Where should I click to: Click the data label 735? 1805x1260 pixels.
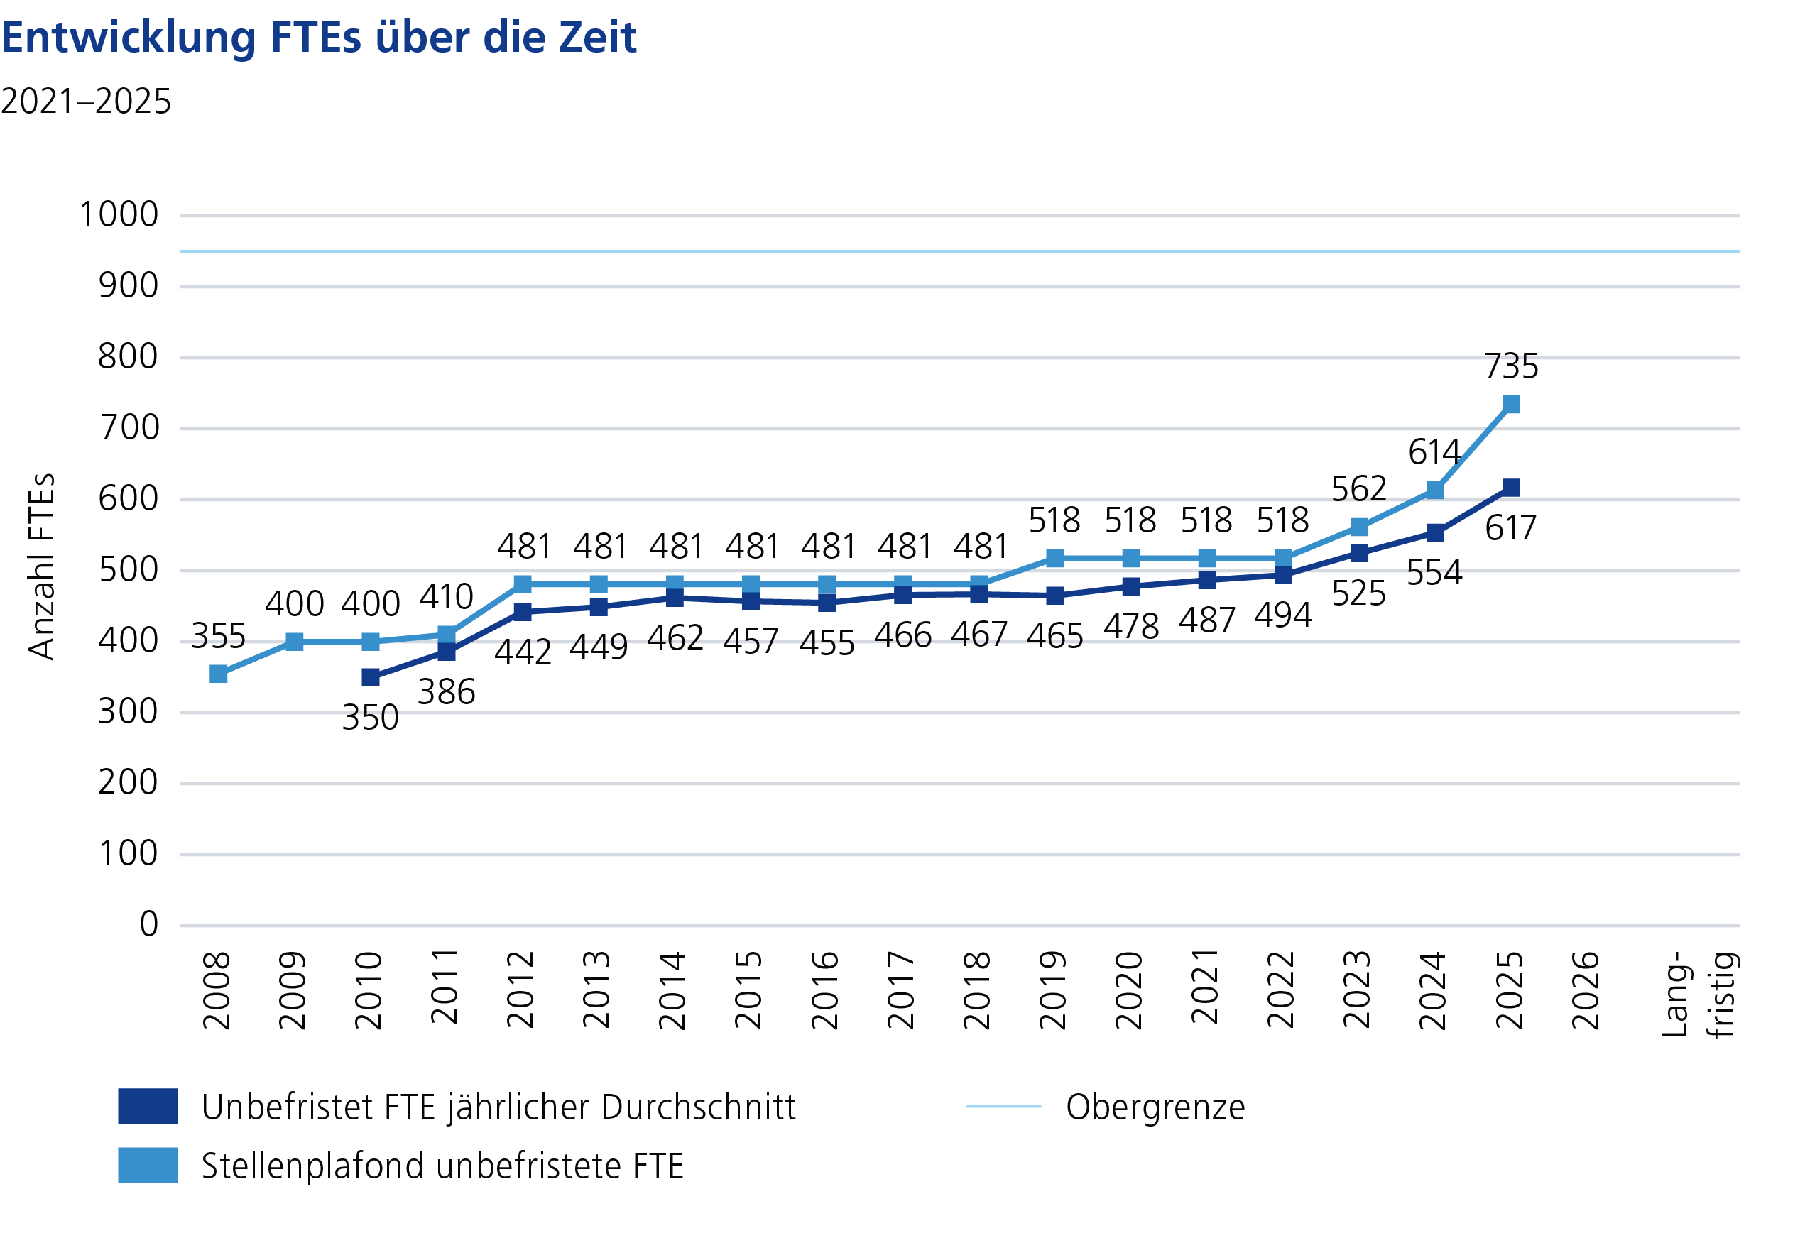(x=1511, y=367)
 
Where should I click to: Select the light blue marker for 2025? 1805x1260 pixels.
(x=1511, y=405)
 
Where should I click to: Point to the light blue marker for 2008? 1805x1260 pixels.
(x=219, y=674)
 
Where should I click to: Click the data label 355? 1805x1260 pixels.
(x=219, y=637)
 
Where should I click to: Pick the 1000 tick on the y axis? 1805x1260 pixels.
(x=119, y=215)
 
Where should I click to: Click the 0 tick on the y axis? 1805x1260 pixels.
(x=148, y=925)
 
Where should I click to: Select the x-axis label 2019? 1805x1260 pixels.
(x=1054, y=991)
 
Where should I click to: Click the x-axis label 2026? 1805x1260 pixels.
(x=1586, y=991)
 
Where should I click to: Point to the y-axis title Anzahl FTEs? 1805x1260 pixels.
(x=42, y=566)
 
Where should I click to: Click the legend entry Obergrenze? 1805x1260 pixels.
(x=1155, y=1107)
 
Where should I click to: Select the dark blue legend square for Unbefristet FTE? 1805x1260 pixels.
(x=148, y=1107)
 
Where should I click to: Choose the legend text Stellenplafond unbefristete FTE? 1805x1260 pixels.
(x=442, y=1166)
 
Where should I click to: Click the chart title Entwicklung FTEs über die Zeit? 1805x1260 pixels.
(x=318, y=37)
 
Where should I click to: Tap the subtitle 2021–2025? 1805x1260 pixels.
(x=86, y=102)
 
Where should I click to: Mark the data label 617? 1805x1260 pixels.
(x=1510, y=528)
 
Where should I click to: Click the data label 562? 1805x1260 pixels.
(x=1358, y=490)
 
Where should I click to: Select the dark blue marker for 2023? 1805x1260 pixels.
(x=1358, y=554)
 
